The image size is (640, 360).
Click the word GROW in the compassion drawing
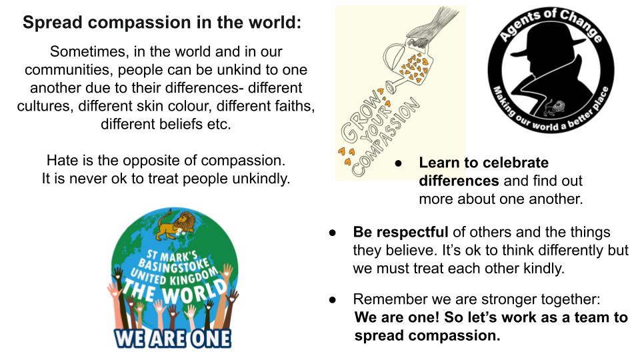click(x=359, y=115)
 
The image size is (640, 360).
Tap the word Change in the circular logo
click(x=581, y=25)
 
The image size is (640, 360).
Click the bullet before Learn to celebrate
click(x=399, y=163)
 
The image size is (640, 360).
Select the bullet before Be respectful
click(x=332, y=233)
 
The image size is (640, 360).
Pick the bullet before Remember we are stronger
click(x=332, y=299)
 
